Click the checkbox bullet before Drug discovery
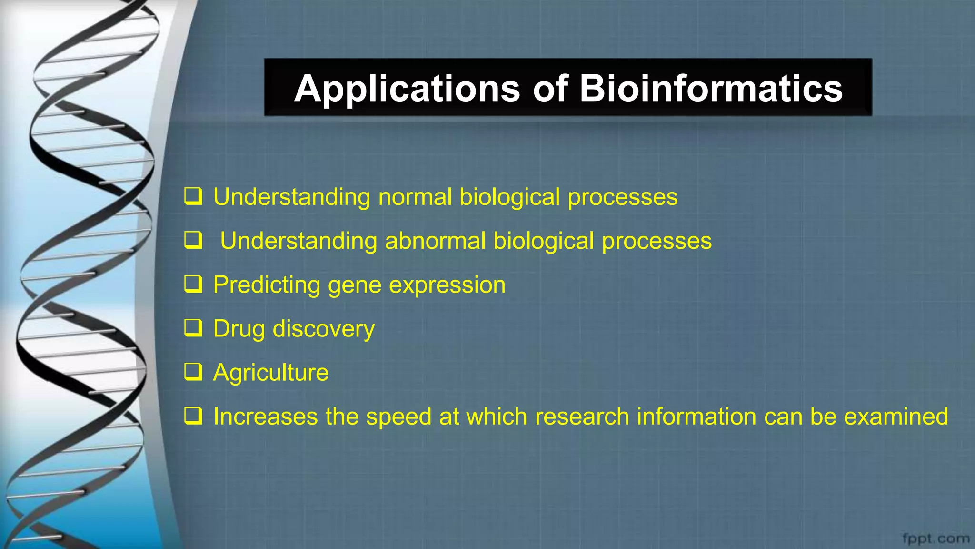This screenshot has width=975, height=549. (193, 328)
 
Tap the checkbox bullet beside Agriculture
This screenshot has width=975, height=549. (193, 372)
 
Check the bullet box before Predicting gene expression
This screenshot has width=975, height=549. (193, 284)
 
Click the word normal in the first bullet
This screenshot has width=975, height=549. (415, 197)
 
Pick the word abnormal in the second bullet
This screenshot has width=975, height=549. (435, 241)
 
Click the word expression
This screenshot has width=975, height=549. (447, 285)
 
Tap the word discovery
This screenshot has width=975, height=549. (324, 329)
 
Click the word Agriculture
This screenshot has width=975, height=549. (271, 373)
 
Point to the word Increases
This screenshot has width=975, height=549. (265, 417)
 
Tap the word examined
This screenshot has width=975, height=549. (896, 417)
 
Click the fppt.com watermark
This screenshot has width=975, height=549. (935, 539)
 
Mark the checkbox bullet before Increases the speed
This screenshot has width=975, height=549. (193, 416)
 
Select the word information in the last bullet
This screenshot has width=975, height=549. (696, 417)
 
